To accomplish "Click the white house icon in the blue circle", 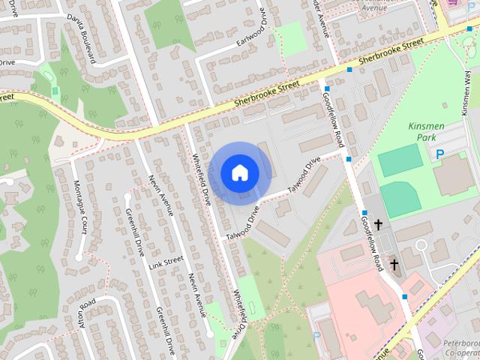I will pyautogui.click(x=239, y=172).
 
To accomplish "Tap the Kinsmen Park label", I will pyautogui.click(x=426, y=132).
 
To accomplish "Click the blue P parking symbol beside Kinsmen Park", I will pyautogui.click(x=440, y=154).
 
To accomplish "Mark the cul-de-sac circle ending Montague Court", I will pyautogui.click(x=78, y=257).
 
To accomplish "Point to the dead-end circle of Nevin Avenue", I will pyautogui.click(x=209, y=333).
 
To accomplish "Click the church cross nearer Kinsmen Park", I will pyautogui.click(x=379, y=224).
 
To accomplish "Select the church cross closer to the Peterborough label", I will pyautogui.click(x=394, y=264).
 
